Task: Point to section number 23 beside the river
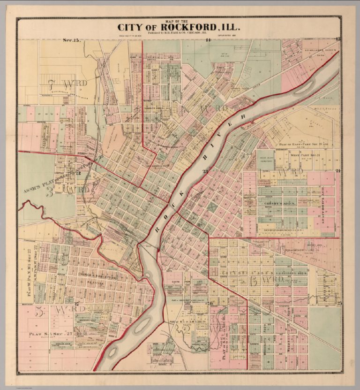[205, 171]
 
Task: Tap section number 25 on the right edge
[339, 304]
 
